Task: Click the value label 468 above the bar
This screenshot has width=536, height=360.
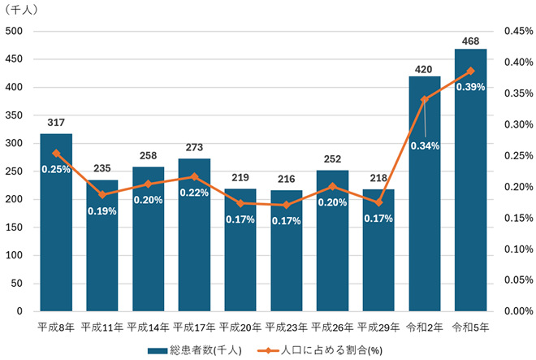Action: tap(470, 40)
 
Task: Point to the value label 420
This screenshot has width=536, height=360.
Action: tap(424, 69)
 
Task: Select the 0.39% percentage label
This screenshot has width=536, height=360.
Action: tap(471, 87)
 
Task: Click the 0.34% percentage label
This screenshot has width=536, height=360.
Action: tap(425, 145)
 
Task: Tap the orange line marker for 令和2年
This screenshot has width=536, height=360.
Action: tap(425, 100)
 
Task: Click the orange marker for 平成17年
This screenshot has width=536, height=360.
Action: tap(194, 176)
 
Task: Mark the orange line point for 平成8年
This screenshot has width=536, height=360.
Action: tap(56, 153)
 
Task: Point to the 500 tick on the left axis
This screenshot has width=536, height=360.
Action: tap(15, 32)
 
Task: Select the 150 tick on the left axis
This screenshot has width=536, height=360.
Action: tap(15, 228)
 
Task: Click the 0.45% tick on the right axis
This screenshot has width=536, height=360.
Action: tap(517, 32)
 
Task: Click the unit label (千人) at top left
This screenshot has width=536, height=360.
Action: tap(24, 11)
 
